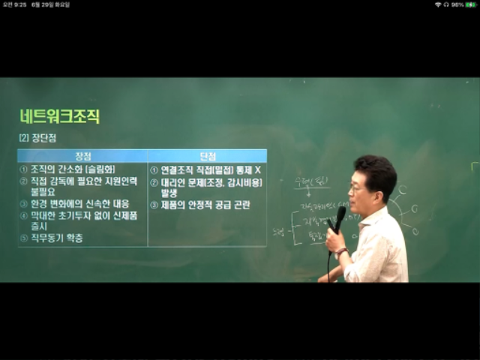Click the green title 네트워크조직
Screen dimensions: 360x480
pos(59,117)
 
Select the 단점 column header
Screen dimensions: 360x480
pos(207,156)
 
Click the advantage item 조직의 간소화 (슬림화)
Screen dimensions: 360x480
pos(68,169)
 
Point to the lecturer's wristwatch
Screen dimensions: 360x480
pos(341,252)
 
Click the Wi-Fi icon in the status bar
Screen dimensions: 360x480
pos(437,4)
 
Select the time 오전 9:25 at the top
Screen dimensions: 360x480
pos(15,4)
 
